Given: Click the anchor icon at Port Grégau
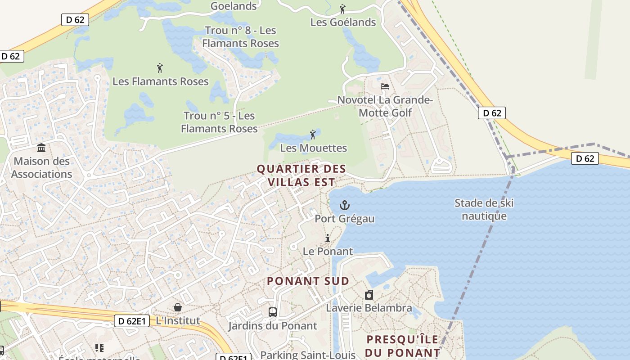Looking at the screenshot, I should [x=344, y=206].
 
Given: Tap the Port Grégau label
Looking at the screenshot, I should [x=344, y=219].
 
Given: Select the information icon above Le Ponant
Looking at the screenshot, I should [x=328, y=238].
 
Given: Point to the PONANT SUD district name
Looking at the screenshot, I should [x=308, y=281].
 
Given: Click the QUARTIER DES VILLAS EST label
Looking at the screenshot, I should [x=301, y=175].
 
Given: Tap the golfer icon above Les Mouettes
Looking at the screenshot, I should [x=313, y=134].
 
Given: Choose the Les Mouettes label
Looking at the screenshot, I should [x=313, y=148].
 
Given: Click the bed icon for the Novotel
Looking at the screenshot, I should [x=384, y=86].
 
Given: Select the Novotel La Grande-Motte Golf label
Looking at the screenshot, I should [x=385, y=106].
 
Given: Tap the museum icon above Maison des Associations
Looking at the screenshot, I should [x=42, y=148].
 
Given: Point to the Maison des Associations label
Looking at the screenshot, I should [x=42, y=167].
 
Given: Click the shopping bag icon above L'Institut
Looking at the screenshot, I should [x=178, y=307].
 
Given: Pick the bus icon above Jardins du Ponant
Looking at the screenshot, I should [x=272, y=312].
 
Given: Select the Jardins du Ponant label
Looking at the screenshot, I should [x=272, y=326].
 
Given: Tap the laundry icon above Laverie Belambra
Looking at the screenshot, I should [x=369, y=295].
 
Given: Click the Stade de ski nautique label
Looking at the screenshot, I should [x=484, y=209].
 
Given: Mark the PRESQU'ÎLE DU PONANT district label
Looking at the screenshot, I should [x=403, y=346].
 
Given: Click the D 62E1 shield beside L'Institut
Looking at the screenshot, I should [x=132, y=321].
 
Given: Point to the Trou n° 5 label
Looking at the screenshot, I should [x=219, y=122].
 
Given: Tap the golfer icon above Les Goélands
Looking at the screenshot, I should [x=342, y=9].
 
